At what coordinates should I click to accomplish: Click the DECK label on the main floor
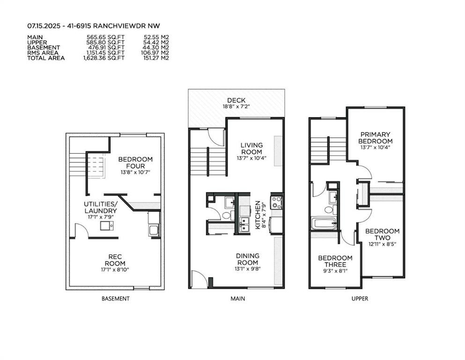(236, 101)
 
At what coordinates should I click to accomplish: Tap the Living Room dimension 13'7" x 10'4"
(251, 158)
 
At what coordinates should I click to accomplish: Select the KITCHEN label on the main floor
(258, 215)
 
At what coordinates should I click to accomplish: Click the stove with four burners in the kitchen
(277, 202)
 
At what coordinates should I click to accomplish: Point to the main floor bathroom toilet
(227, 215)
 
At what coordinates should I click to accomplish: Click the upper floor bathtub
(324, 223)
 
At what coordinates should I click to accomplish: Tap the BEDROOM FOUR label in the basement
(135, 163)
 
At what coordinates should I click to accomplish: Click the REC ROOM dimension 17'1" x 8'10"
(115, 270)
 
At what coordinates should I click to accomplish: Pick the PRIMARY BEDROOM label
(376, 138)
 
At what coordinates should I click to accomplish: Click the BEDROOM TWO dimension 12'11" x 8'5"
(383, 244)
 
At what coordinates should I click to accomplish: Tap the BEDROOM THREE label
(335, 261)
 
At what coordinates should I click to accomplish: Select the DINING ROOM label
(248, 259)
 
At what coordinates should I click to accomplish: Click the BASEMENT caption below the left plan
(116, 299)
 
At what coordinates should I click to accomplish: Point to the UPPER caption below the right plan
(360, 299)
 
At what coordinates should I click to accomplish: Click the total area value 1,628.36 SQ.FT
(104, 58)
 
